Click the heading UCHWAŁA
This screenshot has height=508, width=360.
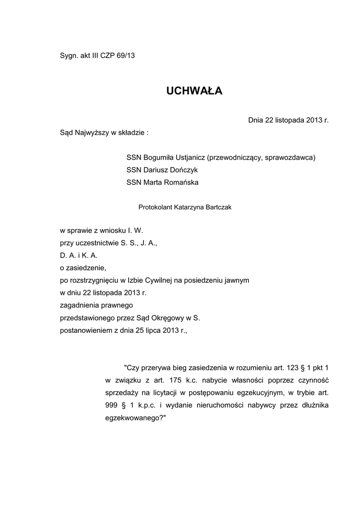(194, 91)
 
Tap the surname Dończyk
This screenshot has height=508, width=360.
(183, 170)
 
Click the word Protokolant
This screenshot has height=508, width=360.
(155, 208)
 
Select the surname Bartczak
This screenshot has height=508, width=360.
(215, 208)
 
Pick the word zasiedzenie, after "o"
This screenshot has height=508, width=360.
(85, 267)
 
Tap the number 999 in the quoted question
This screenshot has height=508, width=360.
(112, 405)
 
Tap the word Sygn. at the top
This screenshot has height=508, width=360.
(69, 56)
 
